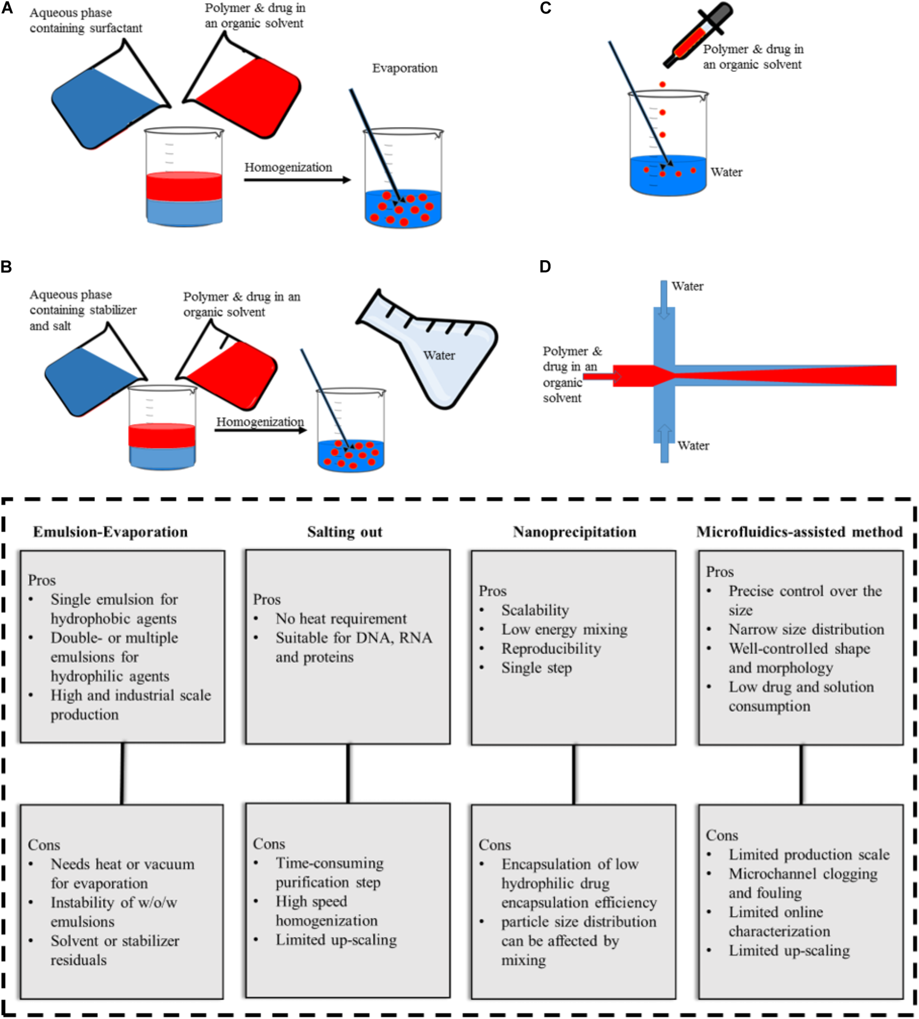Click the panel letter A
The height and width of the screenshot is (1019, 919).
click(x=7, y=8)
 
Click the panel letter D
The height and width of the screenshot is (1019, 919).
click(x=545, y=266)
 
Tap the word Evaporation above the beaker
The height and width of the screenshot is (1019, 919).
click(x=405, y=68)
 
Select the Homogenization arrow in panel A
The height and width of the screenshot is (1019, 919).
click(x=298, y=180)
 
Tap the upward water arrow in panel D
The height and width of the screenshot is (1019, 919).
click(x=664, y=443)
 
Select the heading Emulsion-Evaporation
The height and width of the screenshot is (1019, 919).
click(x=110, y=532)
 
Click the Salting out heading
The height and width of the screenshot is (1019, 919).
click(x=345, y=532)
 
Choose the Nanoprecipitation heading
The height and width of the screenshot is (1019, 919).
click(x=574, y=532)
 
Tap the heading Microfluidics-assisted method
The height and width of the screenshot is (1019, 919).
click(x=799, y=532)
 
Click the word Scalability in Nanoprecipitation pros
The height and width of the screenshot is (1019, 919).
click(x=535, y=610)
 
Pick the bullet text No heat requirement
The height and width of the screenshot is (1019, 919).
click(x=341, y=618)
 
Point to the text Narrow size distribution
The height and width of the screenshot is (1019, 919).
click(x=807, y=629)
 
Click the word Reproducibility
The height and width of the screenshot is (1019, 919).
click(x=551, y=648)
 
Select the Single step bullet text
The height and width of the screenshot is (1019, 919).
click(x=536, y=668)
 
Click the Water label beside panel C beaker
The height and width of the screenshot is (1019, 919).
click(x=726, y=172)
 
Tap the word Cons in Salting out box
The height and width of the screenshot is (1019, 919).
click(x=269, y=844)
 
